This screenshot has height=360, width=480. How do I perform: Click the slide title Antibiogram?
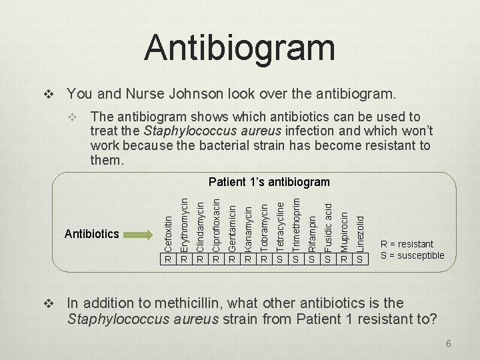pyautogui.click(x=239, y=47)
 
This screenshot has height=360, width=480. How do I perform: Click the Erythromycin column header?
pyautogui.click(x=185, y=220)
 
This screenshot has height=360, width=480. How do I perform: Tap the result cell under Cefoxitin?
pyautogui.click(x=169, y=259)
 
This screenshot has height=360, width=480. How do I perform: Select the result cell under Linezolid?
pyautogui.click(x=360, y=259)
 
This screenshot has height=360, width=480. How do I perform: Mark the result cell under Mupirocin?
pyautogui.click(x=344, y=259)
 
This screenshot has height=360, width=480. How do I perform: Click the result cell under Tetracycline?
pyautogui.click(x=280, y=259)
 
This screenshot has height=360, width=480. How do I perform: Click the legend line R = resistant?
pyautogui.click(x=407, y=244)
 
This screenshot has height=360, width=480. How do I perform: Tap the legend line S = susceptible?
pyautogui.click(x=412, y=255)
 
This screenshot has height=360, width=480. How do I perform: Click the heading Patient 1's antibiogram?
pyautogui.click(x=269, y=182)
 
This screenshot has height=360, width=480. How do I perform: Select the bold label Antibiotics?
pyautogui.click(x=91, y=234)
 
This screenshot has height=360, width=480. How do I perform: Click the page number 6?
pyautogui.click(x=449, y=343)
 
